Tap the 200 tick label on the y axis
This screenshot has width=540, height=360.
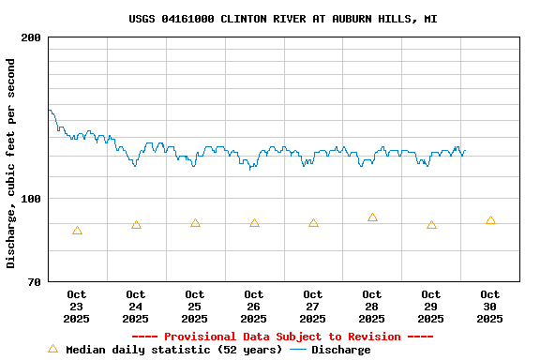coord(31,37)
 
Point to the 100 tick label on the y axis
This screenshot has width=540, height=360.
coord(31,199)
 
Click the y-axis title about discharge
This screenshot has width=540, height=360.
coord(11,163)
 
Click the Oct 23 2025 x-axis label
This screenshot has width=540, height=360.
coord(77,307)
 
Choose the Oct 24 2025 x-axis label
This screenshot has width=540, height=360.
coord(136,307)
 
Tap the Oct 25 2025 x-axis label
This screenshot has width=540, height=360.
coord(195,307)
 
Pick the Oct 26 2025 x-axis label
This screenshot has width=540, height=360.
coord(254,307)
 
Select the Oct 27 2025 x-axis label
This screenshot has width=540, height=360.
coord(313,307)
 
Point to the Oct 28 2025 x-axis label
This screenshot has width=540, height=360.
coord(372,307)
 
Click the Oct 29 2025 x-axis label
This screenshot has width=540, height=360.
coord(431,307)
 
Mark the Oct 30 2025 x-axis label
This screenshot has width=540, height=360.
coord(490,307)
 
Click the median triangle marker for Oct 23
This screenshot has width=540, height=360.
coord(77,231)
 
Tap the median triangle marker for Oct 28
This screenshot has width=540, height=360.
coord(372,217)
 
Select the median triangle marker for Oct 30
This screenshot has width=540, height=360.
coord(490,220)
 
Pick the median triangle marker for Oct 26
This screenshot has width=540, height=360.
coord(254,223)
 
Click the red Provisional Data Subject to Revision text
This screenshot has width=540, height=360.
coord(282,337)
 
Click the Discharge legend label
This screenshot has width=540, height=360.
coord(340,350)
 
